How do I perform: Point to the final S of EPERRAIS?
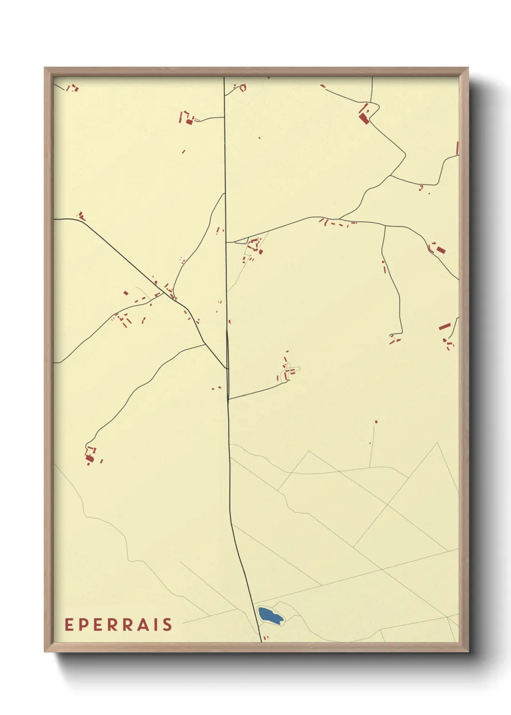(167, 625)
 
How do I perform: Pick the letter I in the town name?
(156, 625)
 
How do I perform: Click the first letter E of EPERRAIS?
(69, 625)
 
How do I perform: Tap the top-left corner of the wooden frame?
(45, 69)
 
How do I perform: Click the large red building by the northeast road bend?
(364, 118)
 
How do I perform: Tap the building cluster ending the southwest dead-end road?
(89, 456)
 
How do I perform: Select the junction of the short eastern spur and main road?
(228, 399)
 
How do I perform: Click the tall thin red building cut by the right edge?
(457, 148)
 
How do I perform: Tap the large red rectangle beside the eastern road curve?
(440, 250)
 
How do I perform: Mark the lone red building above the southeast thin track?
(376, 422)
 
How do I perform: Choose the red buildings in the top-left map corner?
(72, 88)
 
